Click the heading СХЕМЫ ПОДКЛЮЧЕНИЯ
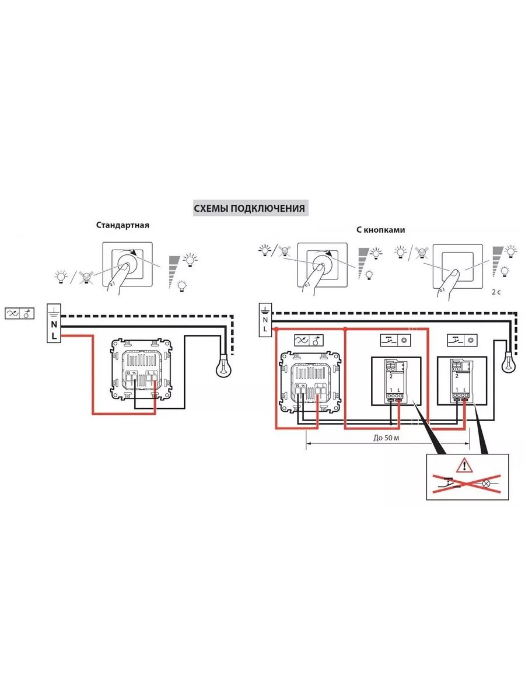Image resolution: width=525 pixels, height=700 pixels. click(249, 208)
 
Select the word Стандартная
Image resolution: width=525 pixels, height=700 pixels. click(123, 225)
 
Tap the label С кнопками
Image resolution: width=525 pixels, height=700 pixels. click(380, 230)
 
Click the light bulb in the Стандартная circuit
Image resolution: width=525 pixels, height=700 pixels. click(223, 367)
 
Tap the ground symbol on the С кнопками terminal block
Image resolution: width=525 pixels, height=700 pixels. click(265, 309)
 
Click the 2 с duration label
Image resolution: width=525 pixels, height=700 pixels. click(496, 291)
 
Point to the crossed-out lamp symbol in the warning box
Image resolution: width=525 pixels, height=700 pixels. click(486, 483)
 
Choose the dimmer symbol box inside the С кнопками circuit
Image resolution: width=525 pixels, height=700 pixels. click(309, 341)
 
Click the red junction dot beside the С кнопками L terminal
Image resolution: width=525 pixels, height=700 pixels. click(276, 330)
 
